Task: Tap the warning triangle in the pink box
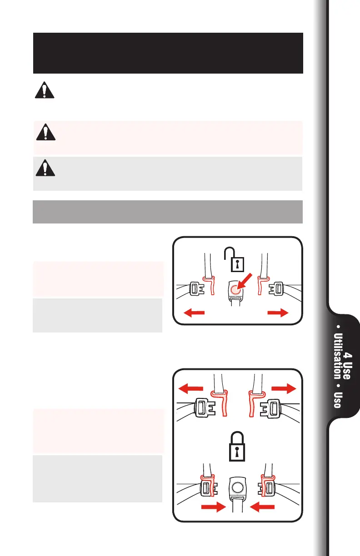tap(44, 132)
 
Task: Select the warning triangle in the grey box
tap(44, 168)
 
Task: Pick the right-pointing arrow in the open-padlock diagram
tap(277, 313)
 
